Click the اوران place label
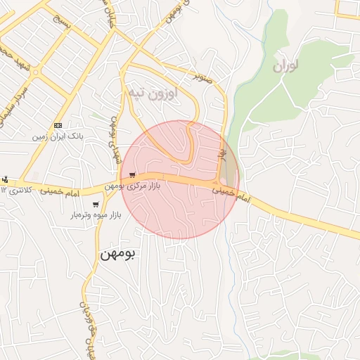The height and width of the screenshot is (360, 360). pos(284,67)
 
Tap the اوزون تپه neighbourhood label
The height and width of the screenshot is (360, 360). pos(151,91)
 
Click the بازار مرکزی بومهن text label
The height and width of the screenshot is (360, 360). pos(134,186)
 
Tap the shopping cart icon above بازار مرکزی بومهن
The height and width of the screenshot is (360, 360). pos(132,175)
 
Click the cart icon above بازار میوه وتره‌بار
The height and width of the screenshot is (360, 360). pos(96,205)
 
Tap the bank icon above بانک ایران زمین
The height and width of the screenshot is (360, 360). pos(58,124)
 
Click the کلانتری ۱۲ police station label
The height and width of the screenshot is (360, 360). pos(15,190)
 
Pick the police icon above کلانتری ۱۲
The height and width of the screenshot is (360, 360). pos(5,179)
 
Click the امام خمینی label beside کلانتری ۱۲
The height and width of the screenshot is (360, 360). pos(60,191)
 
